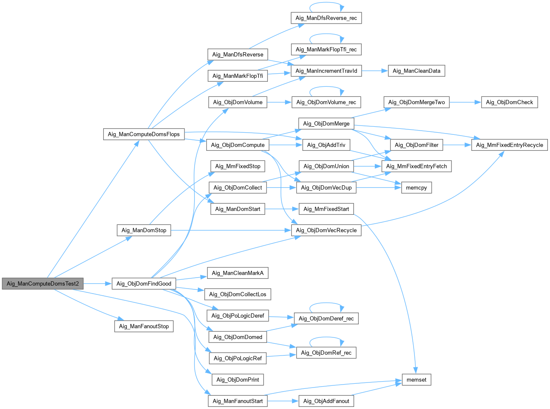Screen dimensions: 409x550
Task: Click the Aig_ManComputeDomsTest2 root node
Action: click(43, 283)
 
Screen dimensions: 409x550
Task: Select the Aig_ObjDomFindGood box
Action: click(144, 283)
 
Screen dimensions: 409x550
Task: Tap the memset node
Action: click(416, 380)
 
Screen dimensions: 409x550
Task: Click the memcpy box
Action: click(416, 187)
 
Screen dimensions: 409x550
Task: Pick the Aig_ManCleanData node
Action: click(416, 71)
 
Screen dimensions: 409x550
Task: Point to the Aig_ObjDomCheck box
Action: click(509, 102)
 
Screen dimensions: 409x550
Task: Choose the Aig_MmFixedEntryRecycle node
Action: click(510, 145)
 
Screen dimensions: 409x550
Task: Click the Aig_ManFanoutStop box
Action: click(144, 326)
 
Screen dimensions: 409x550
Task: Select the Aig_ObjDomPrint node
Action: click(238, 380)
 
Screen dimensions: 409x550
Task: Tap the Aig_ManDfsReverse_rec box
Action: click(326, 18)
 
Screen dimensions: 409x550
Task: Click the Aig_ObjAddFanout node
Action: click(326, 401)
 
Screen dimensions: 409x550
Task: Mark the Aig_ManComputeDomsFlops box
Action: click(144, 134)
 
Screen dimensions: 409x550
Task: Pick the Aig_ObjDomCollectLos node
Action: click(238, 294)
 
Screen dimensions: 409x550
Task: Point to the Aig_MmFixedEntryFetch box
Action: click(416, 166)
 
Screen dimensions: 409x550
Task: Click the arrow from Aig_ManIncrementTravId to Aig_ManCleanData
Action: click(374, 71)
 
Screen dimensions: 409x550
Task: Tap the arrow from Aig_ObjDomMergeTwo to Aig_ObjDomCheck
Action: click(465, 102)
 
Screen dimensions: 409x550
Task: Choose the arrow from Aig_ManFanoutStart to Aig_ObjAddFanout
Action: click(283, 401)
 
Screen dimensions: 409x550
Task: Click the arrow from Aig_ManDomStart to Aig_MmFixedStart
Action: click(281, 209)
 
